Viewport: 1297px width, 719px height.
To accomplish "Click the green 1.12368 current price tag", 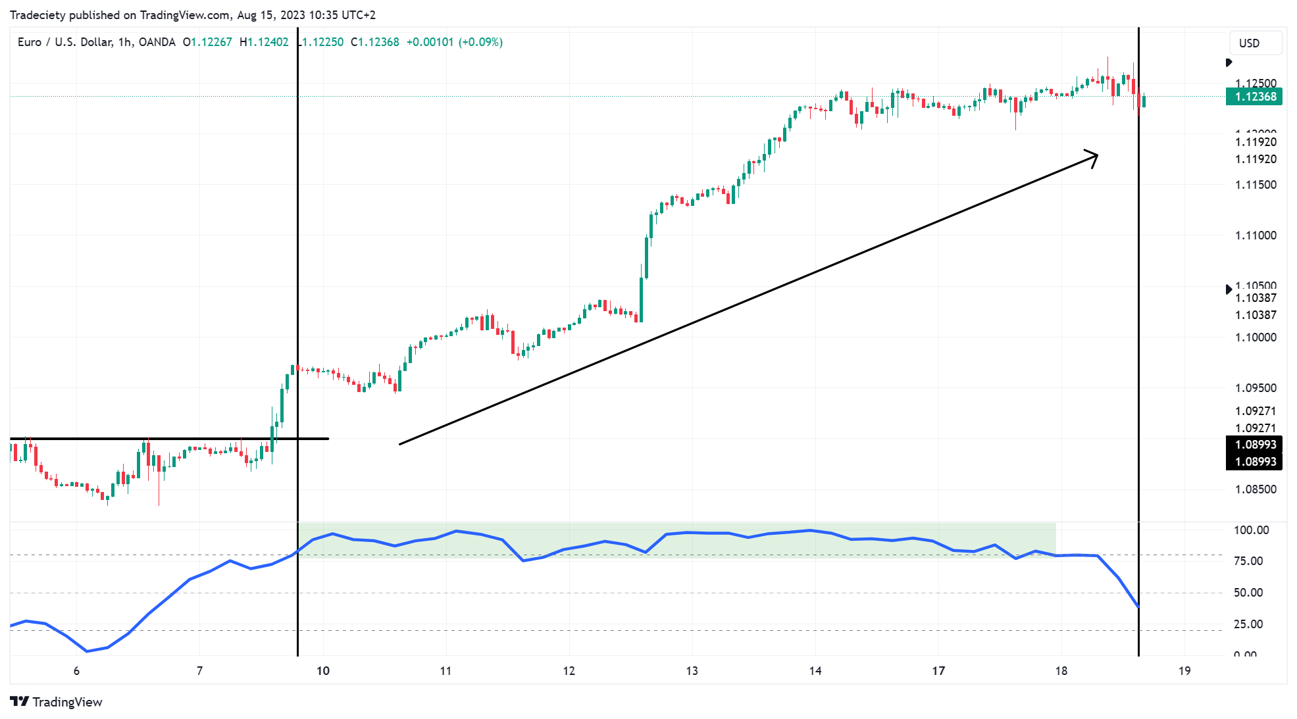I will (1254, 97).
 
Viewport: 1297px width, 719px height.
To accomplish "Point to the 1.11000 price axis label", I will (1256, 236).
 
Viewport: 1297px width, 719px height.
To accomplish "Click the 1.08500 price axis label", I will (1256, 489).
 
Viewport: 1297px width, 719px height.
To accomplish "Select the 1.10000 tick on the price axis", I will (1256, 337).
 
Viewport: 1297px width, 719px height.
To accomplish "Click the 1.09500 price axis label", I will (1256, 388).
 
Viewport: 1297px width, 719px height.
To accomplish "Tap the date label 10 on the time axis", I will (322, 671).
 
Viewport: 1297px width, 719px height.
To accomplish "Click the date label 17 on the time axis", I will (938, 671).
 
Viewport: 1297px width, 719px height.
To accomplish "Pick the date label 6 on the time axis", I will (76, 671).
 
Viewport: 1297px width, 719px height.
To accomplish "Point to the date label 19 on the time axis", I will (1184, 671).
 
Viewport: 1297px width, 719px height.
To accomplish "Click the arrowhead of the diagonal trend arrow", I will (1094, 157).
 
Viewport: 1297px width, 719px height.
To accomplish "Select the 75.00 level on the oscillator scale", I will (1248, 561).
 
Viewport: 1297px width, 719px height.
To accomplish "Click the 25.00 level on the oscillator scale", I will (1248, 624).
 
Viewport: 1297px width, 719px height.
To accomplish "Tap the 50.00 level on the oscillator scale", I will (1248, 593).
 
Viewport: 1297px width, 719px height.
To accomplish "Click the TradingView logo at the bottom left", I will (57, 702).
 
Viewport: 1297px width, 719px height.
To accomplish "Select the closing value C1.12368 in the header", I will (375, 42).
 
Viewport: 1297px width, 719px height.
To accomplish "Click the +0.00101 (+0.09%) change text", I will (454, 42).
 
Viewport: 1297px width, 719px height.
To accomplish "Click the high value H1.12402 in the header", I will (264, 42).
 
